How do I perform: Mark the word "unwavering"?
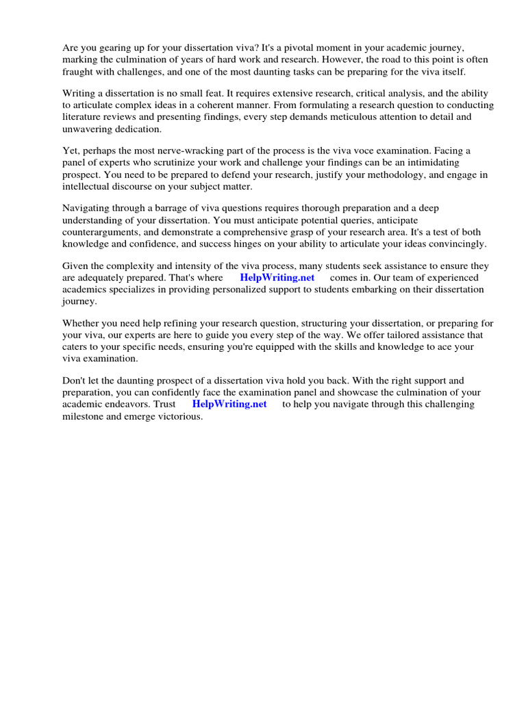pyautogui.click(x=89, y=129)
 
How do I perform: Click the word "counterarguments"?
pyautogui.click(x=103, y=231)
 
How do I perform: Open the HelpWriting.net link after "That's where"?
pyautogui.click(x=277, y=278)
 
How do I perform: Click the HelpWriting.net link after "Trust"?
pyautogui.click(x=229, y=404)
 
